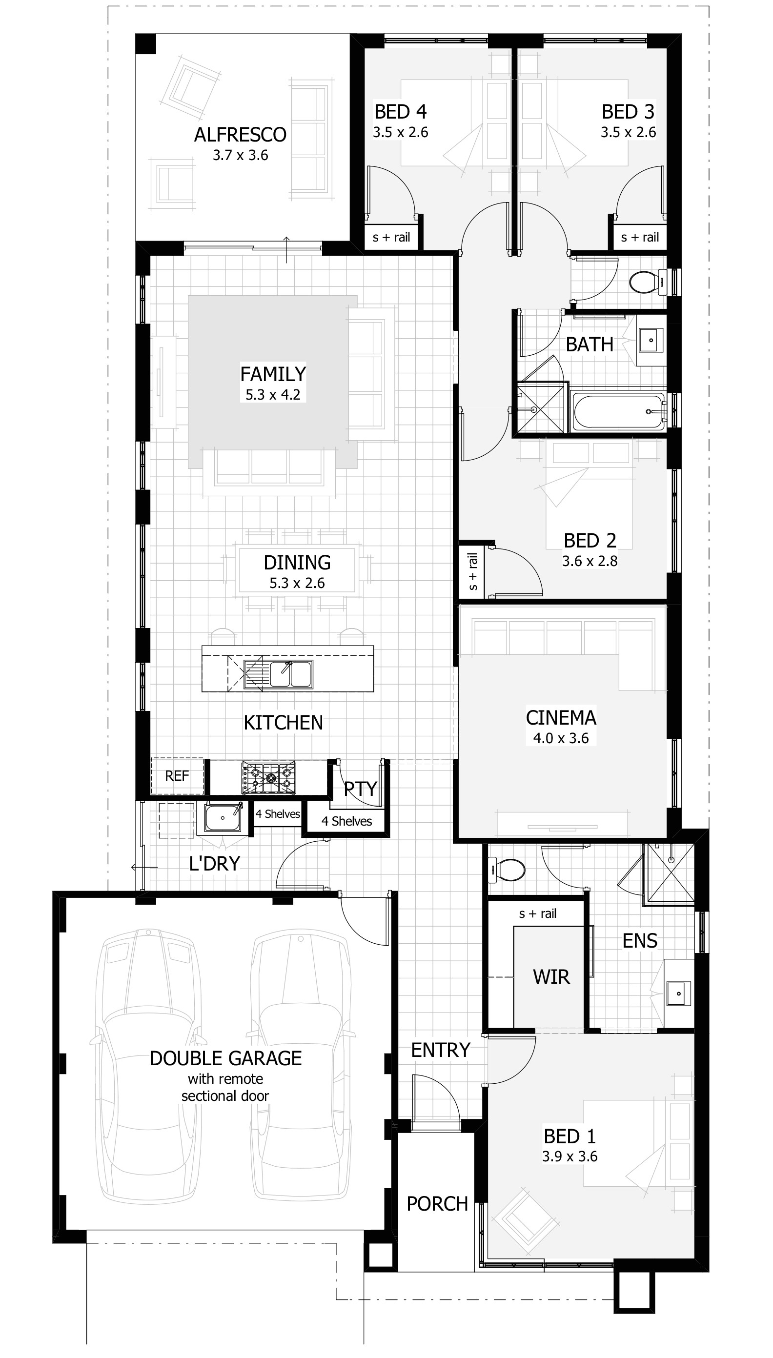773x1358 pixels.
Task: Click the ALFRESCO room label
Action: click(240, 135)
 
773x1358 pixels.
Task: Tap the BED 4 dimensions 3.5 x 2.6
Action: click(400, 132)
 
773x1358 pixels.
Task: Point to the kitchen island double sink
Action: click(290, 674)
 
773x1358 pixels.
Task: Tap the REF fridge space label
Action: click(177, 776)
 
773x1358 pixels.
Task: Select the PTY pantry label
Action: click(360, 789)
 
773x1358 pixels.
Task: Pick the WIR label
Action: click(551, 977)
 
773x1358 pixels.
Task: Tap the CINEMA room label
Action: click(561, 718)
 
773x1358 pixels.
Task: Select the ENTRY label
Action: click(441, 1050)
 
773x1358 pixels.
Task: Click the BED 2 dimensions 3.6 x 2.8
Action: click(590, 561)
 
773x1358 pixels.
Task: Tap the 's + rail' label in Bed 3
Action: click(640, 237)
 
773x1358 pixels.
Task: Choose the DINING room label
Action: click(297, 563)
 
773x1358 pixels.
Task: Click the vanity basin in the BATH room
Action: click(651, 340)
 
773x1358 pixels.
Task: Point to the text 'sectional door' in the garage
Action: click(225, 1096)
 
